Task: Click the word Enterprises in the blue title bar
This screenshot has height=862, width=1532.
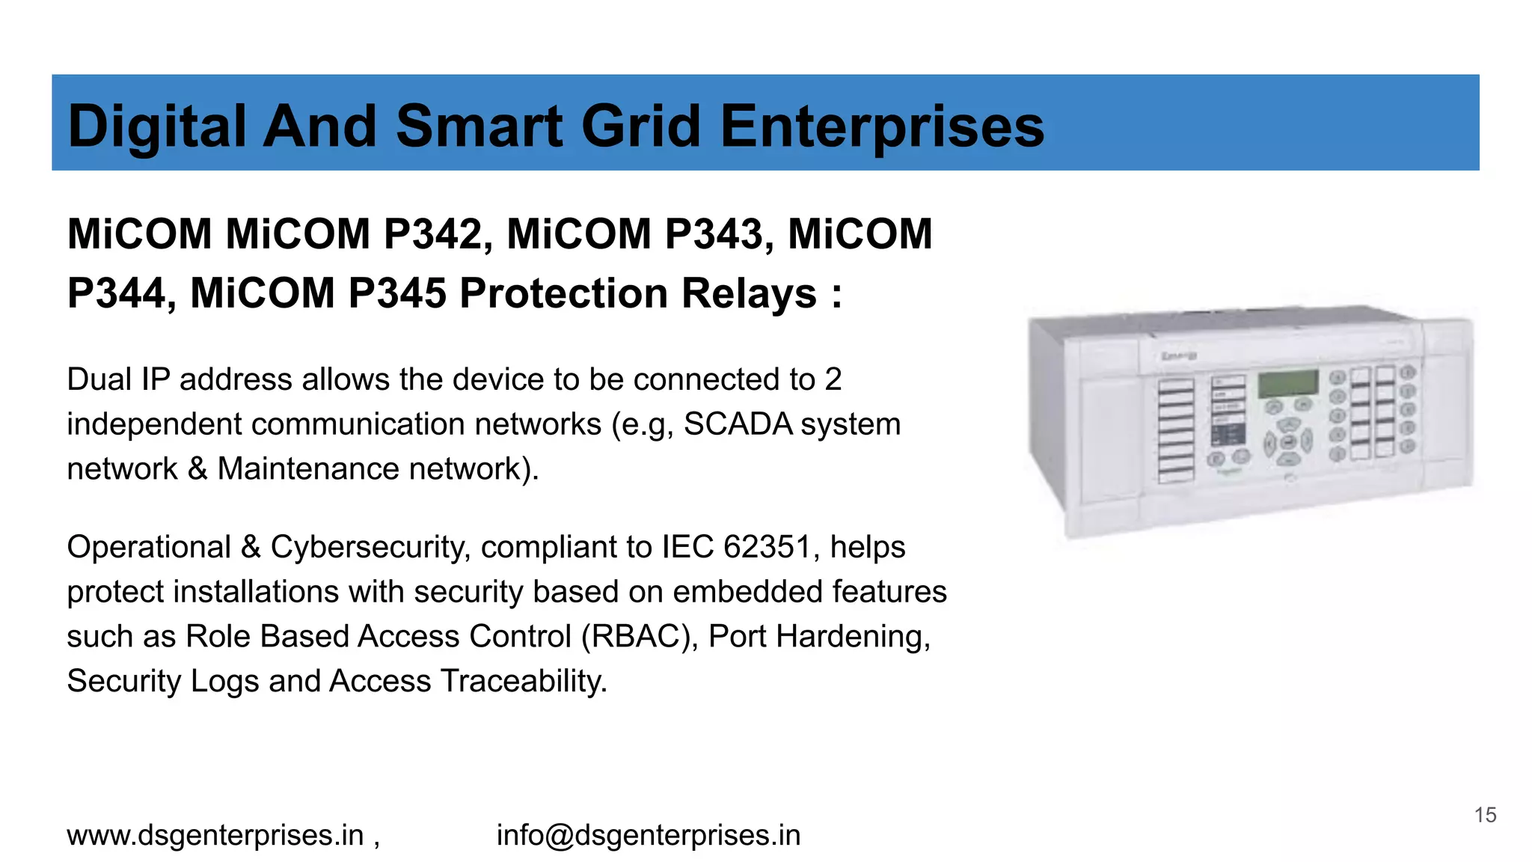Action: click(882, 127)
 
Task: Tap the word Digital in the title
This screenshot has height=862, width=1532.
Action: click(157, 127)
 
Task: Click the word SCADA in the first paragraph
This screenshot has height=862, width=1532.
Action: click(738, 424)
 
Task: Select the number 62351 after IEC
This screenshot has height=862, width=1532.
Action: click(767, 548)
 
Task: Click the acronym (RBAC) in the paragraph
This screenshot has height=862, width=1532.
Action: click(640, 637)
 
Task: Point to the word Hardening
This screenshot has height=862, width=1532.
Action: click(853, 637)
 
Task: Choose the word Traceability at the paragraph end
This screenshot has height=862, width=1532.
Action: click(523, 682)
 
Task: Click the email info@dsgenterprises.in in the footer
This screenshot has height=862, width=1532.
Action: click(649, 835)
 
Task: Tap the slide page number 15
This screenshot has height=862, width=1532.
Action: click(1485, 815)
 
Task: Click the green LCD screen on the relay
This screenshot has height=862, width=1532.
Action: click(1287, 384)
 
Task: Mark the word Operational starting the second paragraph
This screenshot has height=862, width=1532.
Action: click(149, 548)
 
